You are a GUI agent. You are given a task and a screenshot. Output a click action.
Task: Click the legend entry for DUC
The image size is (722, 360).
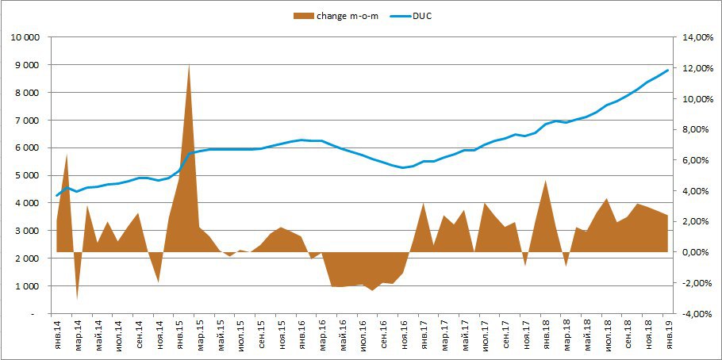421,15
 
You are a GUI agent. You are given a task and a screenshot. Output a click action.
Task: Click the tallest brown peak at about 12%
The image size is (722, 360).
189,65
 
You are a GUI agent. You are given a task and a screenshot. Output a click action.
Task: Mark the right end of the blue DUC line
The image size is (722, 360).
668,70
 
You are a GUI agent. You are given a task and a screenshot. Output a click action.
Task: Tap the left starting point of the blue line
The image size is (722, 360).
57,195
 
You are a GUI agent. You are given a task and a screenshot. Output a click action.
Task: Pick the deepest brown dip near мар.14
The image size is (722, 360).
77,298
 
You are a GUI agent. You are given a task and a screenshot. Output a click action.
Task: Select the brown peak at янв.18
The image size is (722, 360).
546,181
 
